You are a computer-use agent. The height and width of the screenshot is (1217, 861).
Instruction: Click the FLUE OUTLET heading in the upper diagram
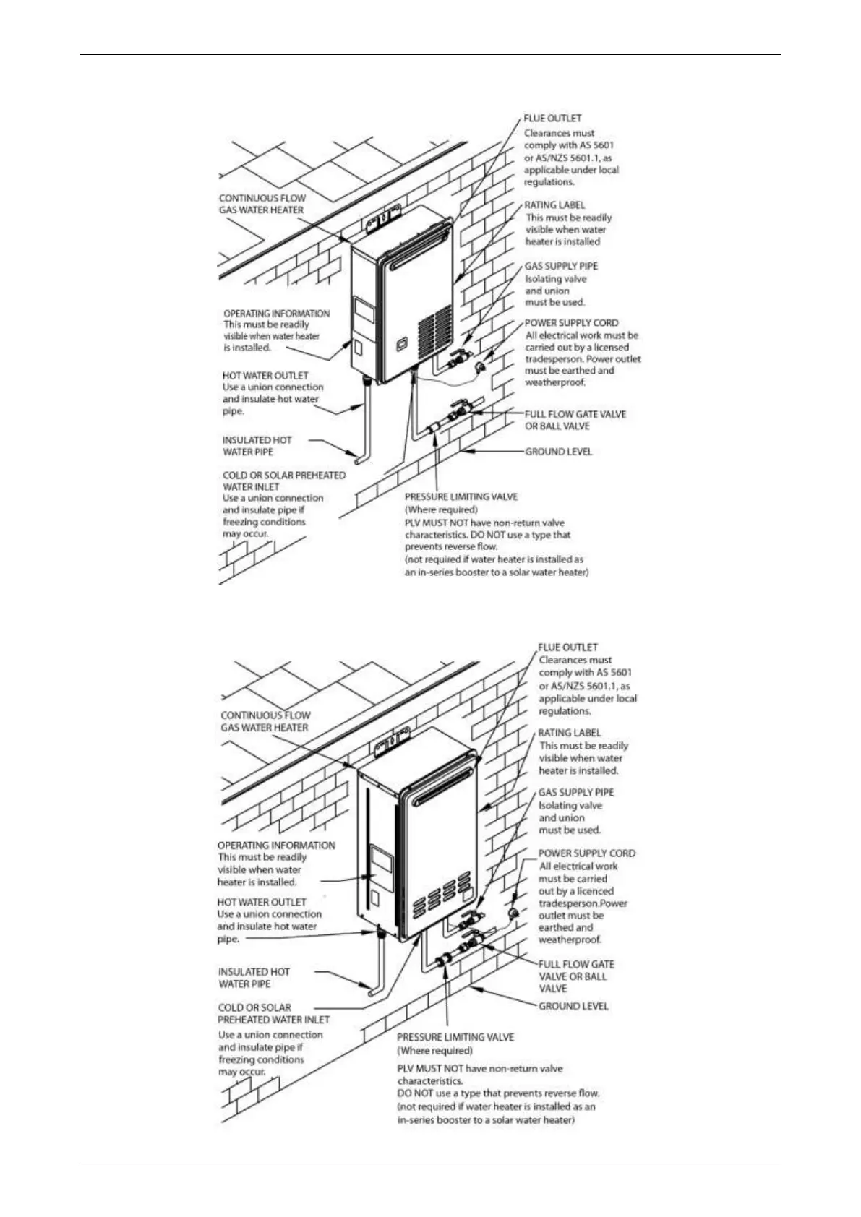[x=552, y=118]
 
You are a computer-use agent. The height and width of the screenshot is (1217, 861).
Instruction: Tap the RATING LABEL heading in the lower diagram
[x=569, y=732]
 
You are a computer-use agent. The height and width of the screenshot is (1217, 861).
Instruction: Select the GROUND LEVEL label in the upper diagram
[x=558, y=452]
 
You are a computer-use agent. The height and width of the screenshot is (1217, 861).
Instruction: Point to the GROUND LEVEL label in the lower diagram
[x=573, y=1006]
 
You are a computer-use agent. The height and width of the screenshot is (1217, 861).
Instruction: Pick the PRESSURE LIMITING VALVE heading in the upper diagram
[x=461, y=496]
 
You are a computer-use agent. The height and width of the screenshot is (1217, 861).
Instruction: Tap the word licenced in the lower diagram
[x=595, y=891]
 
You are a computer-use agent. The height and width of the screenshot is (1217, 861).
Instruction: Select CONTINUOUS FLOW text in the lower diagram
[x=265, y=715]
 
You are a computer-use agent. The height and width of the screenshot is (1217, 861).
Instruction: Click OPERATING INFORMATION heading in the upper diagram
[x=276, y=313]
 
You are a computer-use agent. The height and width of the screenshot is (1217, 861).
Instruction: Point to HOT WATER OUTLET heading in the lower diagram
[x=262, y=902]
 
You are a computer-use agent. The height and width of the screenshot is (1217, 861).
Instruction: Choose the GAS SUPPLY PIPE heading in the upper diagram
[x=561, y=266]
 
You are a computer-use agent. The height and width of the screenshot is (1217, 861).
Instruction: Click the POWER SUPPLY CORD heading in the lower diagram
[x=586, y=853]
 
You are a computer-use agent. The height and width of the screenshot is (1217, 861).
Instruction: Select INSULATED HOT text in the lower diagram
[x=254, y=972]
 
